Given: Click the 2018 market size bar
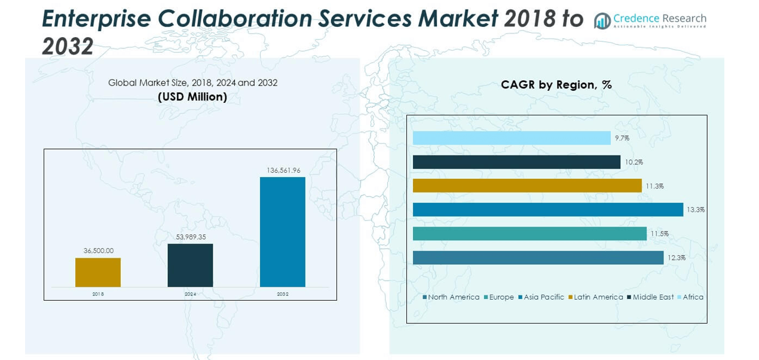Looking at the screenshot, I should point(98,272).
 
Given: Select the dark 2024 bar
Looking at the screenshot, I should point(190,265).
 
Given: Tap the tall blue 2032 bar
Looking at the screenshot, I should point(283,231).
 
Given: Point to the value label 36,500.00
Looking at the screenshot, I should point(98,251).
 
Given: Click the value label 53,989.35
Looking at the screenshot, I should point(190,237).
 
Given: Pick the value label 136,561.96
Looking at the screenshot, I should point(283,170).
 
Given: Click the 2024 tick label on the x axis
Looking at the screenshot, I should point(190,294).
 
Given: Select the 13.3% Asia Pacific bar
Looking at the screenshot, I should point(547,209).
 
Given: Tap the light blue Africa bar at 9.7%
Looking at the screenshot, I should point(512,138).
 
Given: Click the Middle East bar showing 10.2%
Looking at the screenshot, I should point(516,162).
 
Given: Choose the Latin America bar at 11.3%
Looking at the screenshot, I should point(527,186).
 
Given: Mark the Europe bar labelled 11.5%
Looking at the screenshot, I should point(530,234).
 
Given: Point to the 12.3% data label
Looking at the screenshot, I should point(677,258).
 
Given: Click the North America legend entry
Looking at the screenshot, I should point(453,297).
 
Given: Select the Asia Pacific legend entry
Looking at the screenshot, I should point(543,297).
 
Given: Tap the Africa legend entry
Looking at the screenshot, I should point(692,297).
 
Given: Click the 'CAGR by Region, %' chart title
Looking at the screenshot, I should point(556,85).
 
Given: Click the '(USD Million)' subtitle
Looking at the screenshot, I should point(192,97).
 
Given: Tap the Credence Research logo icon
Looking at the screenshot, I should point(602,21).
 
